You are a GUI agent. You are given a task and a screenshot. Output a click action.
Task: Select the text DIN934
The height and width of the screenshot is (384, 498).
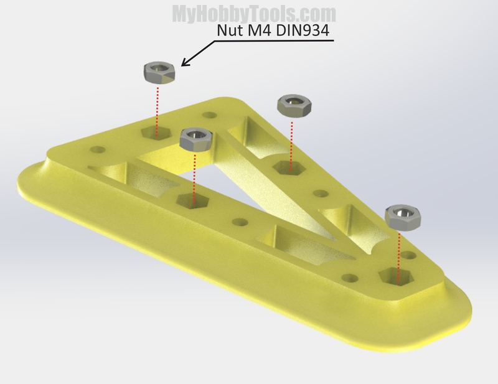point(303,30)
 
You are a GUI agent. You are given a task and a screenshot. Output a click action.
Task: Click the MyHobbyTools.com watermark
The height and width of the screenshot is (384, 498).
point(254,14)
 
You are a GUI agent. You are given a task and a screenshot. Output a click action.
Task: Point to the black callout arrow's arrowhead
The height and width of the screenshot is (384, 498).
point(185,63)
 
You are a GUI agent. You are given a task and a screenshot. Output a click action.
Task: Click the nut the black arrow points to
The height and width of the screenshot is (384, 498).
point(159,73)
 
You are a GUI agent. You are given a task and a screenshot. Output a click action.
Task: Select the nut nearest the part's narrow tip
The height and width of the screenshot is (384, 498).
point(403,218)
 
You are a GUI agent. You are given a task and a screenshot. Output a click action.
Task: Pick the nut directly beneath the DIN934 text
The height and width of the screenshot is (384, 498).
point(294,106)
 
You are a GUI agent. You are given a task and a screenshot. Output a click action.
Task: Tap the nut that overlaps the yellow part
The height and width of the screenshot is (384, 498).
point(195,140)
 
